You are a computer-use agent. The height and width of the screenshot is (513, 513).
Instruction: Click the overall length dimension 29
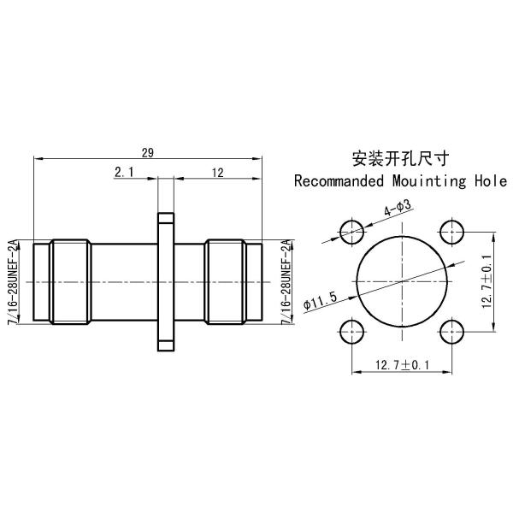coord(147,152)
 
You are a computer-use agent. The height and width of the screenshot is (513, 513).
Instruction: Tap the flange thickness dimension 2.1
coord(124,173)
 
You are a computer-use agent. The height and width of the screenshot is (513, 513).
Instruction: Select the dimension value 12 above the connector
coord(217,173)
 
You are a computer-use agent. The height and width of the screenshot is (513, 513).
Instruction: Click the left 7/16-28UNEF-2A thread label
coord(12,281)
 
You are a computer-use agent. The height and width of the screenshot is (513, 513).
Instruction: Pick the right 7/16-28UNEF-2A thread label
coord(286,281)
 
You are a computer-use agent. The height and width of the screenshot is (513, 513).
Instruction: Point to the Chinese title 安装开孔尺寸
coord(400,159)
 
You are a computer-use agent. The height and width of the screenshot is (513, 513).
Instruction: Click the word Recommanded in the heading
coord(336,181)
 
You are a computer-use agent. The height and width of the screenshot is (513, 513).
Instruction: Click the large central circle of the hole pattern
coord(400,280)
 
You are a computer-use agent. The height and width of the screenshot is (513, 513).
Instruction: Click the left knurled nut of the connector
coord(68,281)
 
